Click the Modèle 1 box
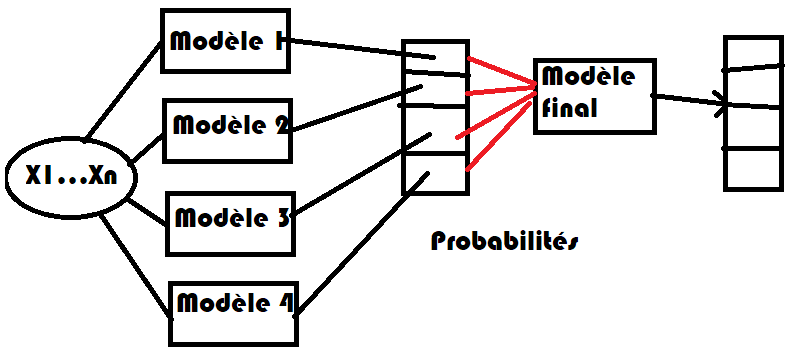tap(226, 42)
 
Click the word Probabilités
tap(504, 241)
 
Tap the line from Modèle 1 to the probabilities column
tap(350, 47)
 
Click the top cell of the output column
tap(753, 52)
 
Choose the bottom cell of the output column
tap(753, 168)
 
